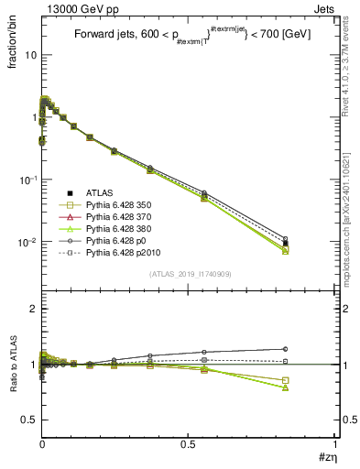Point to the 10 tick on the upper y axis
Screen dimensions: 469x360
pyautogui.click(x=29, y=54)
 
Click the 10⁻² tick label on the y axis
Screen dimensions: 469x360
pyautogui.click(x=27, y=242)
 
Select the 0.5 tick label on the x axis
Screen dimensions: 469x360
pyautogui.click(x=188, y=444)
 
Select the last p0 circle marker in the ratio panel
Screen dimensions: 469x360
pyautogui.click(x=286, y=349)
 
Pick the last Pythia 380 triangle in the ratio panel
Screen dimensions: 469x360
pyautogui.click(x=286, y=387)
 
